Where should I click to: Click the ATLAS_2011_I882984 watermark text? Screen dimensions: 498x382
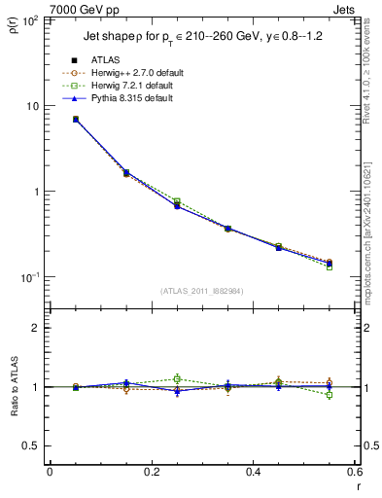[x=201, y=290]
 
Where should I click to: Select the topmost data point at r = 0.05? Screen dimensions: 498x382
[x=75, y=120]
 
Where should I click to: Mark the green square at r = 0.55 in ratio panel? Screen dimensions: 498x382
[x=330, y=395]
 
